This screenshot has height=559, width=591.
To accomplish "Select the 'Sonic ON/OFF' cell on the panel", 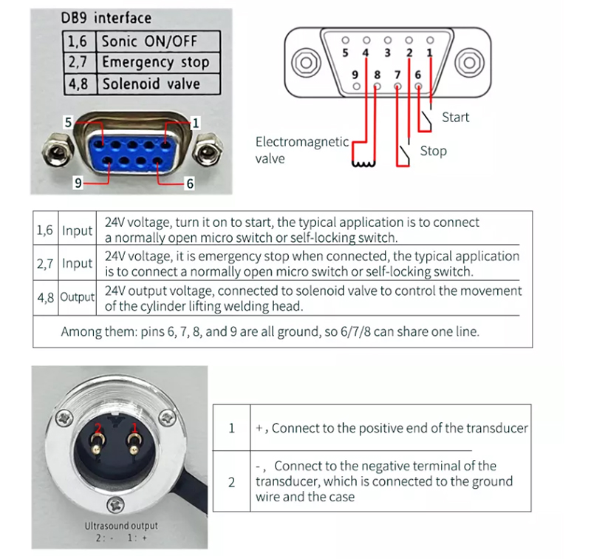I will [x=150, y=41].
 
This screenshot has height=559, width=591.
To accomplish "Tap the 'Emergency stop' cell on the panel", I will [x=155, y=62].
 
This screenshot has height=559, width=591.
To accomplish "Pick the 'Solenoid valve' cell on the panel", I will [x=151, y=84].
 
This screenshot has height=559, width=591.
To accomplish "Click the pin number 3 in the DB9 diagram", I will [x=387, y=52].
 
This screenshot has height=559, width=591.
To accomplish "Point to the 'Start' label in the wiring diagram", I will [x=455, y=117].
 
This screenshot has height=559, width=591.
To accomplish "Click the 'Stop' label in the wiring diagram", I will [x=433, y=151].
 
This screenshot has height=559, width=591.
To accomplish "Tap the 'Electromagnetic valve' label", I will [x=301, y=149].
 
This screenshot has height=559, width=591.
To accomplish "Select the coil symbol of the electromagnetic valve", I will [x=364, y=163].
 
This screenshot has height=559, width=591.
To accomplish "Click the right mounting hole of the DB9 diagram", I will [x=470, y=61].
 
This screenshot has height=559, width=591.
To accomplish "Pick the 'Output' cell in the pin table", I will [x=78, y=297].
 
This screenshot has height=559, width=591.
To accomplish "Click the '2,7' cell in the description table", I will [x=45, y=263].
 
